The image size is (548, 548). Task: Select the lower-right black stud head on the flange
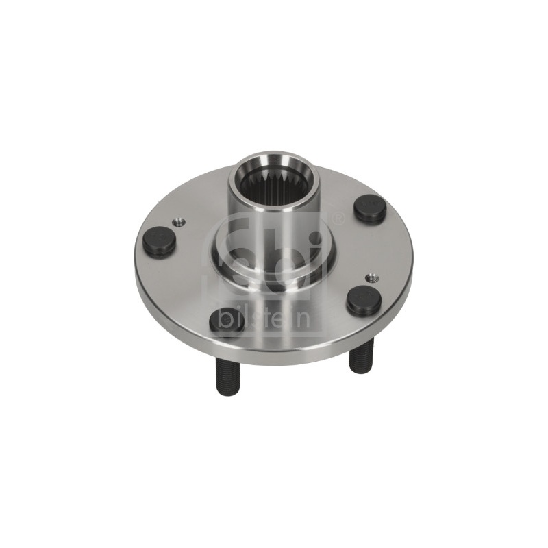(363, 299)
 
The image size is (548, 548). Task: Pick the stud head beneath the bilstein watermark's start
(224, 321)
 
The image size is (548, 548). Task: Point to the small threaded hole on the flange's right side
(372, 269)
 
